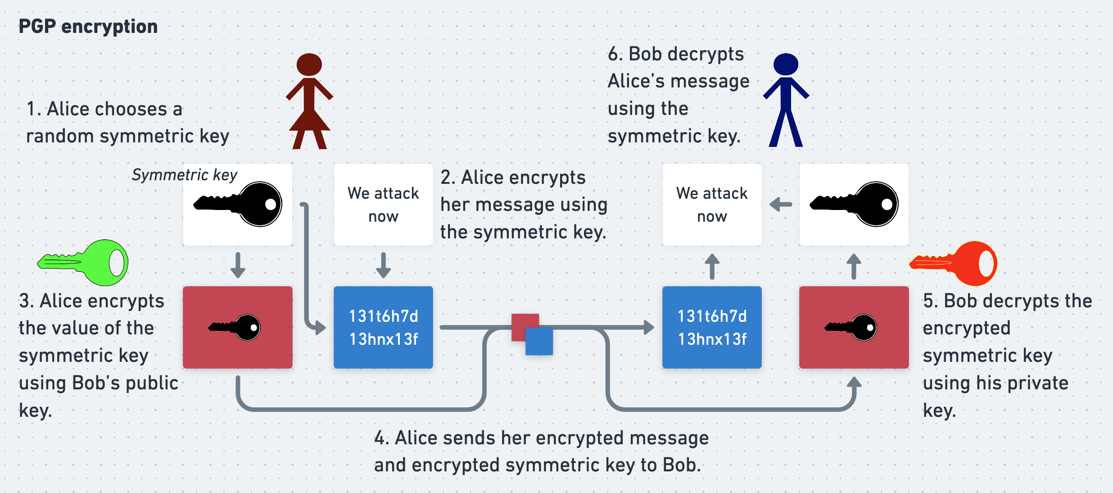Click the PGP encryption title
click(88, 27)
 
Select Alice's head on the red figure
click(309, 64)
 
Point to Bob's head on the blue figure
click(786, 64)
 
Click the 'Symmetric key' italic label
click(184, 175)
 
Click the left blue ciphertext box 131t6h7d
click(383, 328)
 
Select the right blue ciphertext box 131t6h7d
click(712, 328)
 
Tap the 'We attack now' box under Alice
click(383, 205)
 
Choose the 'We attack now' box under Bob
click(712, 205)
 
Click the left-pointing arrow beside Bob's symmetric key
click(781, 205)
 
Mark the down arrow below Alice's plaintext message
click(383, 265)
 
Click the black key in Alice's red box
click(235, 327)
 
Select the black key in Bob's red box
click(851, 327)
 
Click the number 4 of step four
click(380, 438)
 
